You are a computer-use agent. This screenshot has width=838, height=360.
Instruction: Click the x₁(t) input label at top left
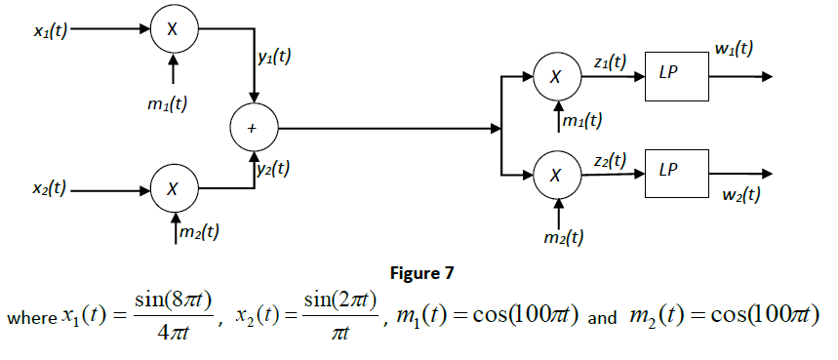click(49, 30)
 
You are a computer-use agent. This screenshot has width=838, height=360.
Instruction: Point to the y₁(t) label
click(274, 58)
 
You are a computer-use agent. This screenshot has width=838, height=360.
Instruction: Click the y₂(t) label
click(273, 168)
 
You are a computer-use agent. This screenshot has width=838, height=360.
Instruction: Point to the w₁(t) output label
click(734, 49)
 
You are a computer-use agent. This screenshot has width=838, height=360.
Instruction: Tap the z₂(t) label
click(610, 159)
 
